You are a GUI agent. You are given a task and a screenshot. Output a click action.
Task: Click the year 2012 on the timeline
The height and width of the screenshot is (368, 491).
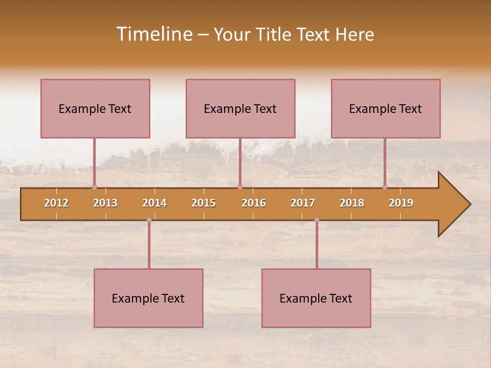pyautogui.click(x=56, y=203)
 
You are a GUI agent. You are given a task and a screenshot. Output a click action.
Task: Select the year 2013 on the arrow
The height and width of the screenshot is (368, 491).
pyautogui.click(x=105, y=203)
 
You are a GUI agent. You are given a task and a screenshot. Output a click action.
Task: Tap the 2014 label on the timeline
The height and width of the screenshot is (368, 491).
pyautogui.click(x=154, y=203)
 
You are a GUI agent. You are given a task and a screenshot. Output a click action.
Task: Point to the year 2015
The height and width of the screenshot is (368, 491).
pyautogui.click(x=204, y=203)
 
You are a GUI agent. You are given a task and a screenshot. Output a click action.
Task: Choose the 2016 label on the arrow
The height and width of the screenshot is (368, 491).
pyautogui.click(x=254, y=203)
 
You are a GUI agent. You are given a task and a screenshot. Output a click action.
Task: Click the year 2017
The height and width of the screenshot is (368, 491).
pyautogui.click(x=303, y=203)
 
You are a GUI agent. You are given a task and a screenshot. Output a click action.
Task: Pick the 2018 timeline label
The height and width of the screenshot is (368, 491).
pyautogui.click(x=352, y=203)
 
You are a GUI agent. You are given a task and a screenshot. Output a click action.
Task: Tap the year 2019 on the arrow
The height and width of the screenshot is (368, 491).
pyautogui.click(x=401, y=203)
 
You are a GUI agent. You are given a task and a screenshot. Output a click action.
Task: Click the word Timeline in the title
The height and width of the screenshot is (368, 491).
pyautogui.click(x=154, y=34)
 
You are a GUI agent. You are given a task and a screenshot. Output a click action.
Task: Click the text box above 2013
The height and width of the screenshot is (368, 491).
pyautogui.click(x=95, y=108)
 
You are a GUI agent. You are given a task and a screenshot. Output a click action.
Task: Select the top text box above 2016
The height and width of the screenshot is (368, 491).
pyautogui.click(x=240, y=108)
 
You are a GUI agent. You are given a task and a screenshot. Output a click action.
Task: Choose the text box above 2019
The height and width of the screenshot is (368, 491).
pyautogui.click(x=386, y=108)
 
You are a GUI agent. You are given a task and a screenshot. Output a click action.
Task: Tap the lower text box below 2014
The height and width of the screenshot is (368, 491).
pyautogui.click(x=148, y=298)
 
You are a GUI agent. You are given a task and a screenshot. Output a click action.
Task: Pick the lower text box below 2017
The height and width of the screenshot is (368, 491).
pyautogui.click(x=316, y=298)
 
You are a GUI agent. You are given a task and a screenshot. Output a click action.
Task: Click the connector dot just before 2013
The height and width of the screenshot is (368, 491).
pyautogui.click(x=95, y=187)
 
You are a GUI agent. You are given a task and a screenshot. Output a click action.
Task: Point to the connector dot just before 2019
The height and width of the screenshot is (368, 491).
pyautogui.click(x=385, y=187)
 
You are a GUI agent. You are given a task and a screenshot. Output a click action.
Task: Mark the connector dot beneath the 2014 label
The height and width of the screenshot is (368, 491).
pyautogui.click(x=149, y=220)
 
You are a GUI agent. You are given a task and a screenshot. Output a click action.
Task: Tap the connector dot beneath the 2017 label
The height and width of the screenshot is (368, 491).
pyautogui.click(x=317, y=220)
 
